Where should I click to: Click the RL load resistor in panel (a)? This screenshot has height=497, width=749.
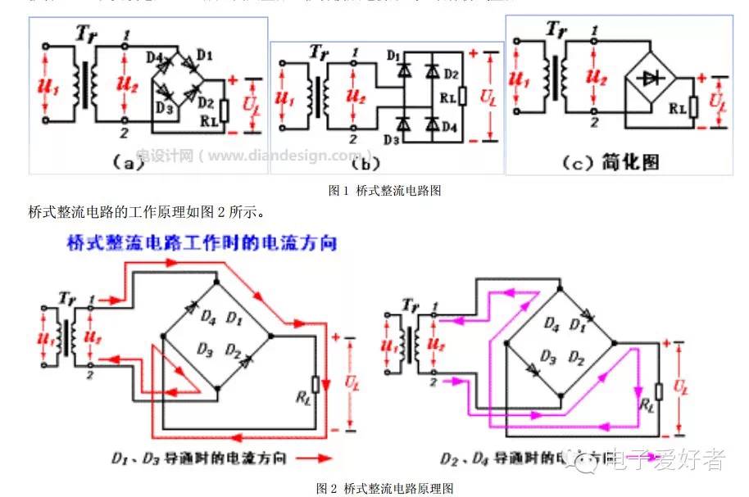click(225, 110)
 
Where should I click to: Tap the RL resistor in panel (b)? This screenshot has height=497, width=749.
click(463, 96)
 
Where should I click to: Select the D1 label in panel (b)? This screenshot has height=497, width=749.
click(396, 56)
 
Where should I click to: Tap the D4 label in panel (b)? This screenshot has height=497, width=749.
click(447, 126)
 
